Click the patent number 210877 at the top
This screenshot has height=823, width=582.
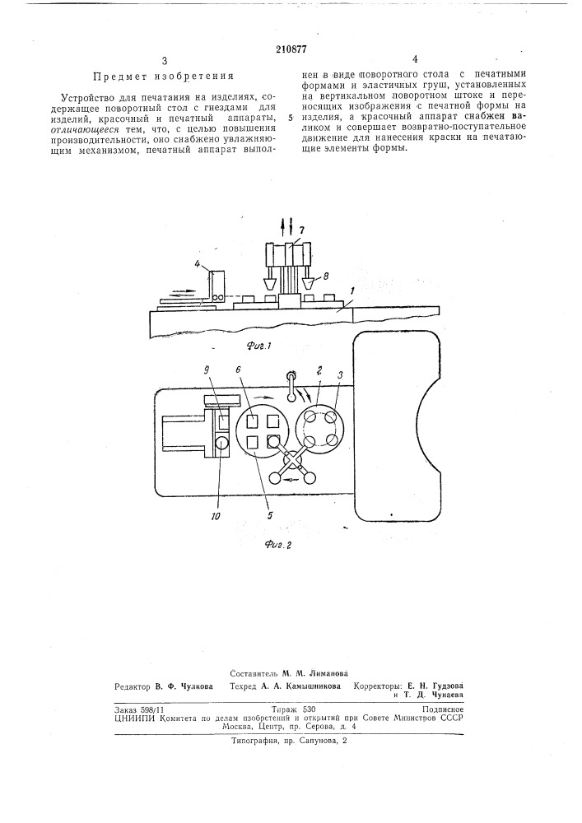[291, 50]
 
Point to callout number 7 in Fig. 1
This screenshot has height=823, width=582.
[301, 230]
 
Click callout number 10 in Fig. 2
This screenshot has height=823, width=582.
[216, 516]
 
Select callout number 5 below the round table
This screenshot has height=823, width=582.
[269, 515]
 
